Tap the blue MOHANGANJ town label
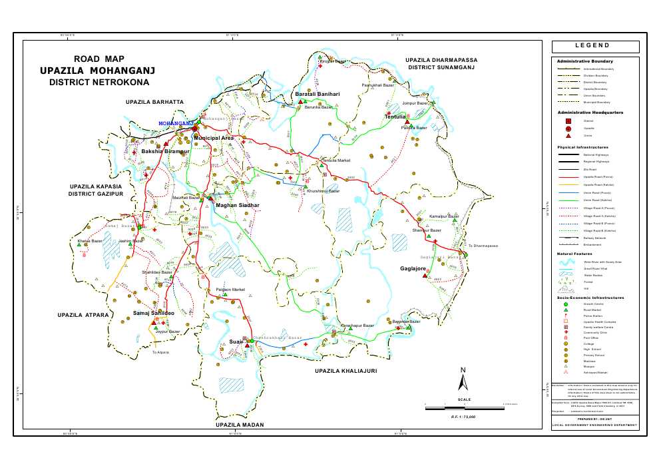pyautogui.click(x=175, y=124)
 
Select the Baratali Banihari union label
pyautogui.click(x=318, y=95)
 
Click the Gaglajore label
pyautogui.click(x=413, y=268)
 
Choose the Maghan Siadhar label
pyautogui.click(x=236, y=206)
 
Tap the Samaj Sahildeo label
pyautogui.click(x=154, y=312)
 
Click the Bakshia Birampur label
pyautogui.click(x=166, y=152)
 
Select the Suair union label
pyautogui.click(x=236, y=342)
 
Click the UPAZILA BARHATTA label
pyautogui.click(x=154, y=102)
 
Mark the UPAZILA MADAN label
pyautogui.click(x=240, y=425)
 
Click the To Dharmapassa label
pyautogui.click(x=483, y=246)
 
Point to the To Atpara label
pyautogui.click(x=160, y=352)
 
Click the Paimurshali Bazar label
pyautogui.click(x=377, y=86)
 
